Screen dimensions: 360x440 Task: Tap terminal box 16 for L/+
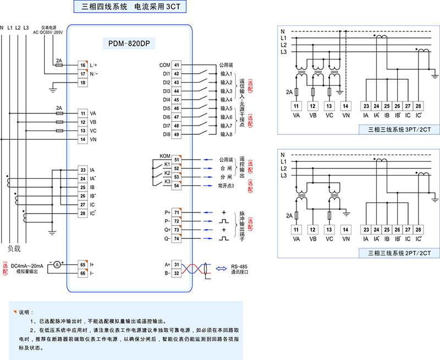(x=82, y=65)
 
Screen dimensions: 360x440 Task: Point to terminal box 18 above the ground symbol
(x=82, y=83)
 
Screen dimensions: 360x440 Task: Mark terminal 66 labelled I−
(x=82, y=273)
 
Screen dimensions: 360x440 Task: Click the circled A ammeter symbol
(x=56, y=265)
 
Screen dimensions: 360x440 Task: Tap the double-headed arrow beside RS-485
(x=221, y=269)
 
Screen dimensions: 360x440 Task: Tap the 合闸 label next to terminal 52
(x=226, y=168)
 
